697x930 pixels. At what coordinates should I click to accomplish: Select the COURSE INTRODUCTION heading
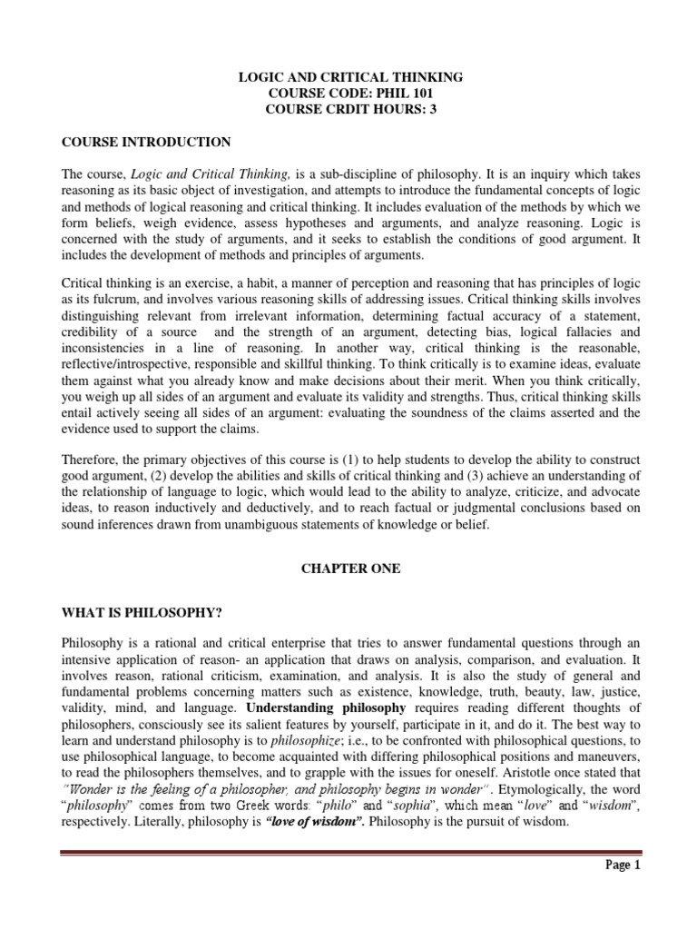145,143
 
